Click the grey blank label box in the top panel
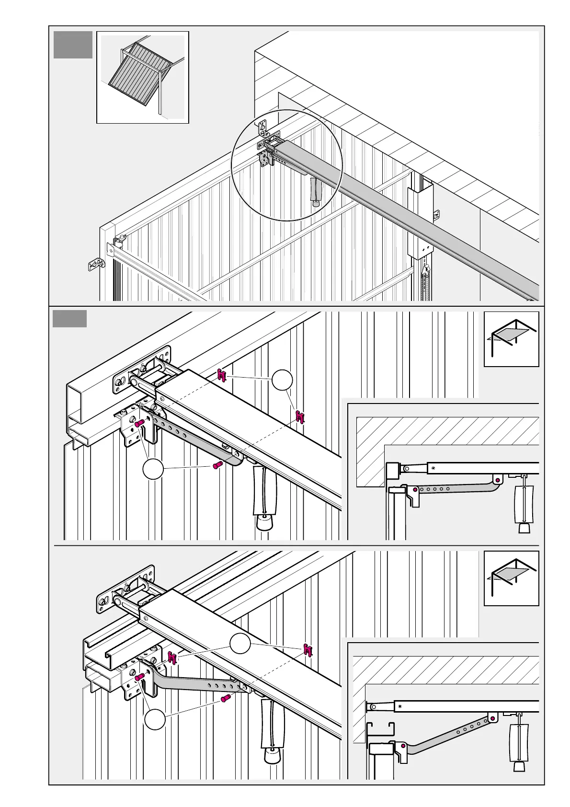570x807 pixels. coord(72,45)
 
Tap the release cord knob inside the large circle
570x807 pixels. coord(316,203)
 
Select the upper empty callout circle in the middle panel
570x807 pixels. coord(282,380)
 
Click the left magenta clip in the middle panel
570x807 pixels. coord(221,376)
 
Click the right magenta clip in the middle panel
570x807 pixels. coord(300,416)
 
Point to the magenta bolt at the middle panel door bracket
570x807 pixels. coord(140,424)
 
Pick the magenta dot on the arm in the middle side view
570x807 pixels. coord(499,480)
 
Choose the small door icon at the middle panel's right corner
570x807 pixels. coord(511,339)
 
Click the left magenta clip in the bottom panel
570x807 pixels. coord(172,657)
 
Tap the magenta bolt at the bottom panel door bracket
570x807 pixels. coord(140,677)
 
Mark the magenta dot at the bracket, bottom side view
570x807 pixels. coord(403,746)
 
